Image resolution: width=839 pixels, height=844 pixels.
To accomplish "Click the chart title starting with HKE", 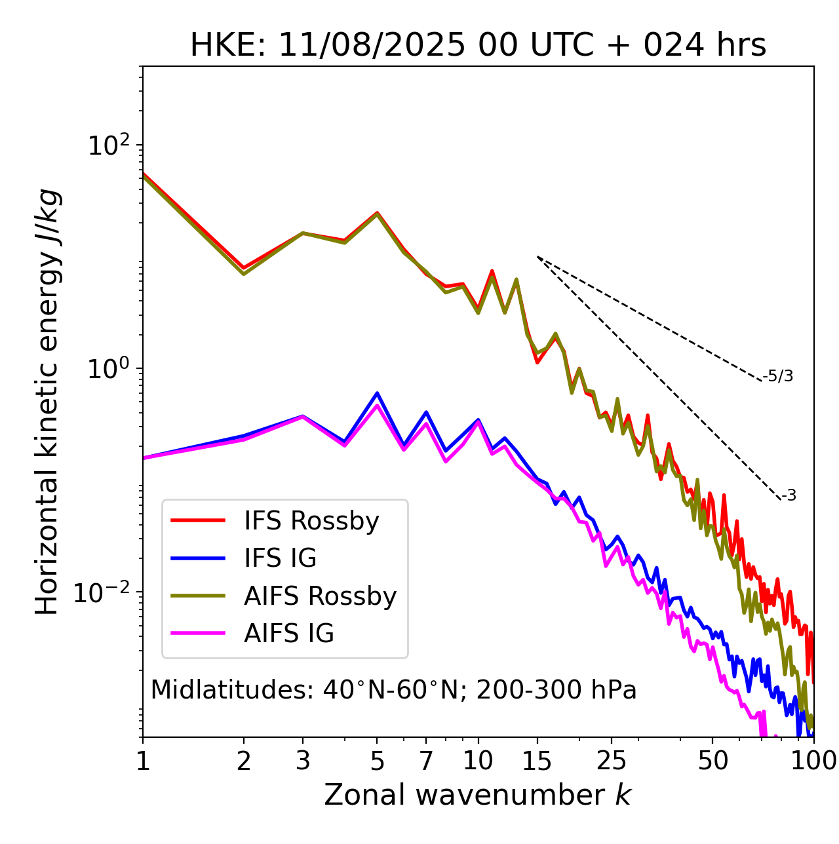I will pyautogui.click(x=478, y=46).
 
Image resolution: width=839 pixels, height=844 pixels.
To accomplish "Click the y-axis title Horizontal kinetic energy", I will pyautogui.click(x=48, y=402).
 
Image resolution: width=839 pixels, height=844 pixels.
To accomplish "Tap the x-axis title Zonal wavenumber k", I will pyautogui.click(x=477, y=795).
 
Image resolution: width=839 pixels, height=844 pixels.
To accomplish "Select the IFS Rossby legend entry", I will pyautogui.click(x=311, y=521).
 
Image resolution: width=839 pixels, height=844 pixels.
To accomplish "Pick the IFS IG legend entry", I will pyautogui.click(x=280, y=558).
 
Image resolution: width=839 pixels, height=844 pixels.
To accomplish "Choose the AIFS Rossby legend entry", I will pyautogui.click(x=320, y=596).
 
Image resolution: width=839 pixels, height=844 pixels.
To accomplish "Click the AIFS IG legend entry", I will pyautogui.click(x=288, y=634).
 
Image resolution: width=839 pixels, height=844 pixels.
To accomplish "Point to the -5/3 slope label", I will pyautogui.click(x=778, y=376).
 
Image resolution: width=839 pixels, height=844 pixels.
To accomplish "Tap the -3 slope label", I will pyautogui.click(x=789, y=496).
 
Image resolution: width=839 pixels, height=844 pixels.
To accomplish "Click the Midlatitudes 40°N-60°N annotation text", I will pyautogui.click(x=393, y=690).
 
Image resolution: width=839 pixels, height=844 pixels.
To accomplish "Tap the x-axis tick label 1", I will pyautogui.click(x=143, y=761).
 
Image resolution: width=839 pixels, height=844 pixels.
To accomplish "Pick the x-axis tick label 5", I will pyautogui.click(x=377, y=761).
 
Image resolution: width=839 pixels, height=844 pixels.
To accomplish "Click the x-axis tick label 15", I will pyautogui.click(x=537, y=761).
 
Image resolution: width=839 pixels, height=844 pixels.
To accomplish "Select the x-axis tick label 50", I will pyautogui.click(x=712, y=761).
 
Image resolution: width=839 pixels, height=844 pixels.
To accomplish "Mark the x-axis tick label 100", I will pyautogui.click(x=813, y=761).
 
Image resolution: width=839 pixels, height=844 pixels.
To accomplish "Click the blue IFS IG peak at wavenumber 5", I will pyautogui.click(x=377, y=393).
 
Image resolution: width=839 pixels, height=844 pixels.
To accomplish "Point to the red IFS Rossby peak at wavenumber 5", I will pyautogui.click(x=377, y=212).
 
